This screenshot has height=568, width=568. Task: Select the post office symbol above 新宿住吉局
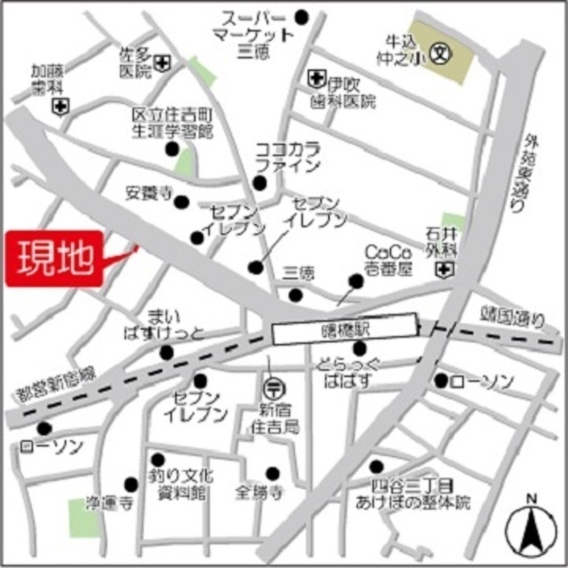[x=273, y=386]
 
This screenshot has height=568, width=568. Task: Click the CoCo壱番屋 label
[x=390, y=260]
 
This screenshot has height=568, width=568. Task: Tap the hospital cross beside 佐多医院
[x=163, y=63]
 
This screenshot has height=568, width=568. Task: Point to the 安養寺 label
[x=149, y=193]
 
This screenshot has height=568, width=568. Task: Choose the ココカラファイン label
[x=288, y=156]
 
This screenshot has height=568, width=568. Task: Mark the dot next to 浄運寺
[x=131, y=484]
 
